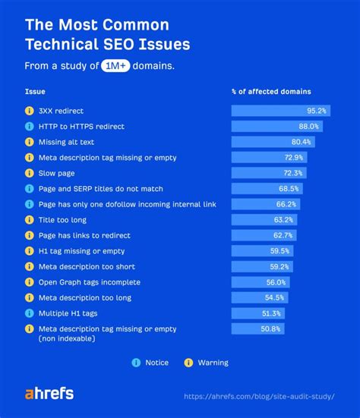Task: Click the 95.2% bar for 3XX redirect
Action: click(x=280, y=111)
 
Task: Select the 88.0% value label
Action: click(x=308, y=126)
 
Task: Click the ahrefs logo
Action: click(x=50, y=394)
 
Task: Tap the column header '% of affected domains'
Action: click(x=270, y=91)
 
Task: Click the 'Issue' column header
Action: click(x=35, y=91)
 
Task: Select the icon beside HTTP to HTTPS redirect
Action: click(x=30, y=126)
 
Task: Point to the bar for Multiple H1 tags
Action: click(x=257, y=313)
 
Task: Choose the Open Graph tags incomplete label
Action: click(x=78, y=281)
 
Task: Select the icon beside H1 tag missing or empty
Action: click(x=30, y=250)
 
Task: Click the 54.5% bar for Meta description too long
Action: click(x=259, y=297)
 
